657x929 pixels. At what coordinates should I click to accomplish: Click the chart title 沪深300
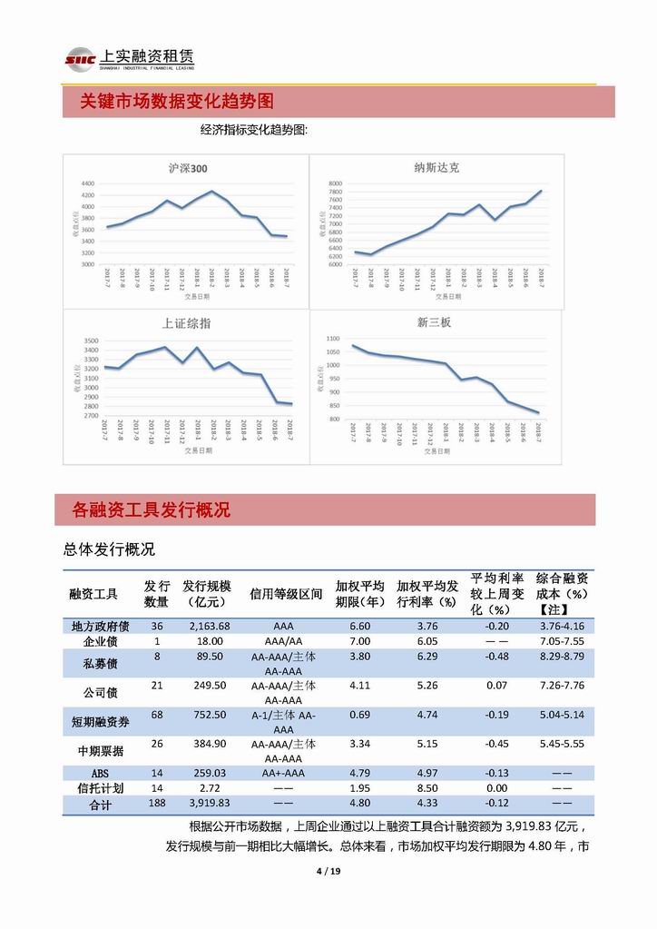point(188,168)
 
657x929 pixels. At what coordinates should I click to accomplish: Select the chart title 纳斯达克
point(436,167)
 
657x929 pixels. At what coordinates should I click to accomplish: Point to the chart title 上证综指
point(186,323)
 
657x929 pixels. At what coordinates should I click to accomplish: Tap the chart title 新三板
point(434,322)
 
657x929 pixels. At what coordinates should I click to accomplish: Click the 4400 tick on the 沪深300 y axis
point(87,183)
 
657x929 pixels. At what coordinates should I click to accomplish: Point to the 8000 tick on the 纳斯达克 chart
point(334,183)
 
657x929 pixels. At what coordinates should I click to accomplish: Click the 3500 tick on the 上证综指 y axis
point(90,340)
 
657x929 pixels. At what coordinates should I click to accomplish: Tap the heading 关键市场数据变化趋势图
point(177,101)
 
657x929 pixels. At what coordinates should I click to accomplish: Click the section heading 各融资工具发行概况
point(152,510)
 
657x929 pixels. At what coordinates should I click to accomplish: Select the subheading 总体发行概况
point(109,549)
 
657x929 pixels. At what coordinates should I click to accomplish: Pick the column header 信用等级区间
point(286,594)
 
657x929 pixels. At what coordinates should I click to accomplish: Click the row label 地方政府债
point(100,626)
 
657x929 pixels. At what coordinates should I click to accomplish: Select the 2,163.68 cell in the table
point(210,626)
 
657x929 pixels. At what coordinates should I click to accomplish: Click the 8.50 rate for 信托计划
point(427,787)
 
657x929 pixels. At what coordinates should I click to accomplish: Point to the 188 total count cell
point(157,803)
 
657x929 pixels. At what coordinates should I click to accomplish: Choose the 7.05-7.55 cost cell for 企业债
point(562,640)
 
